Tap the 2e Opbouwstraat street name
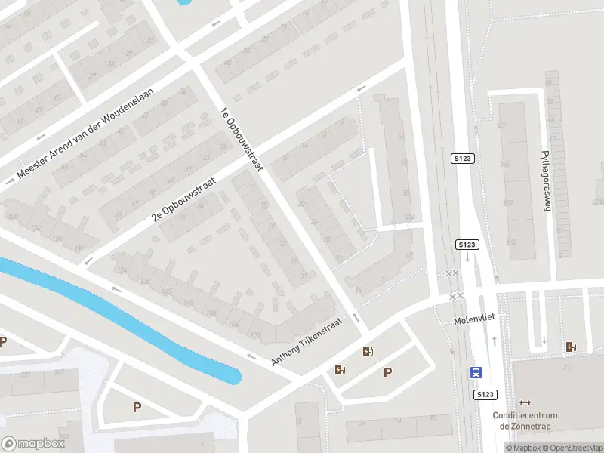coord(184,199)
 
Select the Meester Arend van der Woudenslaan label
coord(85,134)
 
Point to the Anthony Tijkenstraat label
coord(307,342)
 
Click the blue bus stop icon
coord(477,372)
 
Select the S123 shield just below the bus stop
coord(485,394)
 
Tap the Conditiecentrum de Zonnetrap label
coord(525,421)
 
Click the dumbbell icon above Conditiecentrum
coord(525,402)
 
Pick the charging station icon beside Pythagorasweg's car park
coord(571,347)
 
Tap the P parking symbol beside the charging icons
coord(388,371)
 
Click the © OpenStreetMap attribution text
coord(572,448)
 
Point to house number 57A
coord(410,218)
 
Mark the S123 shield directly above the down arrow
coord(467,245)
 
